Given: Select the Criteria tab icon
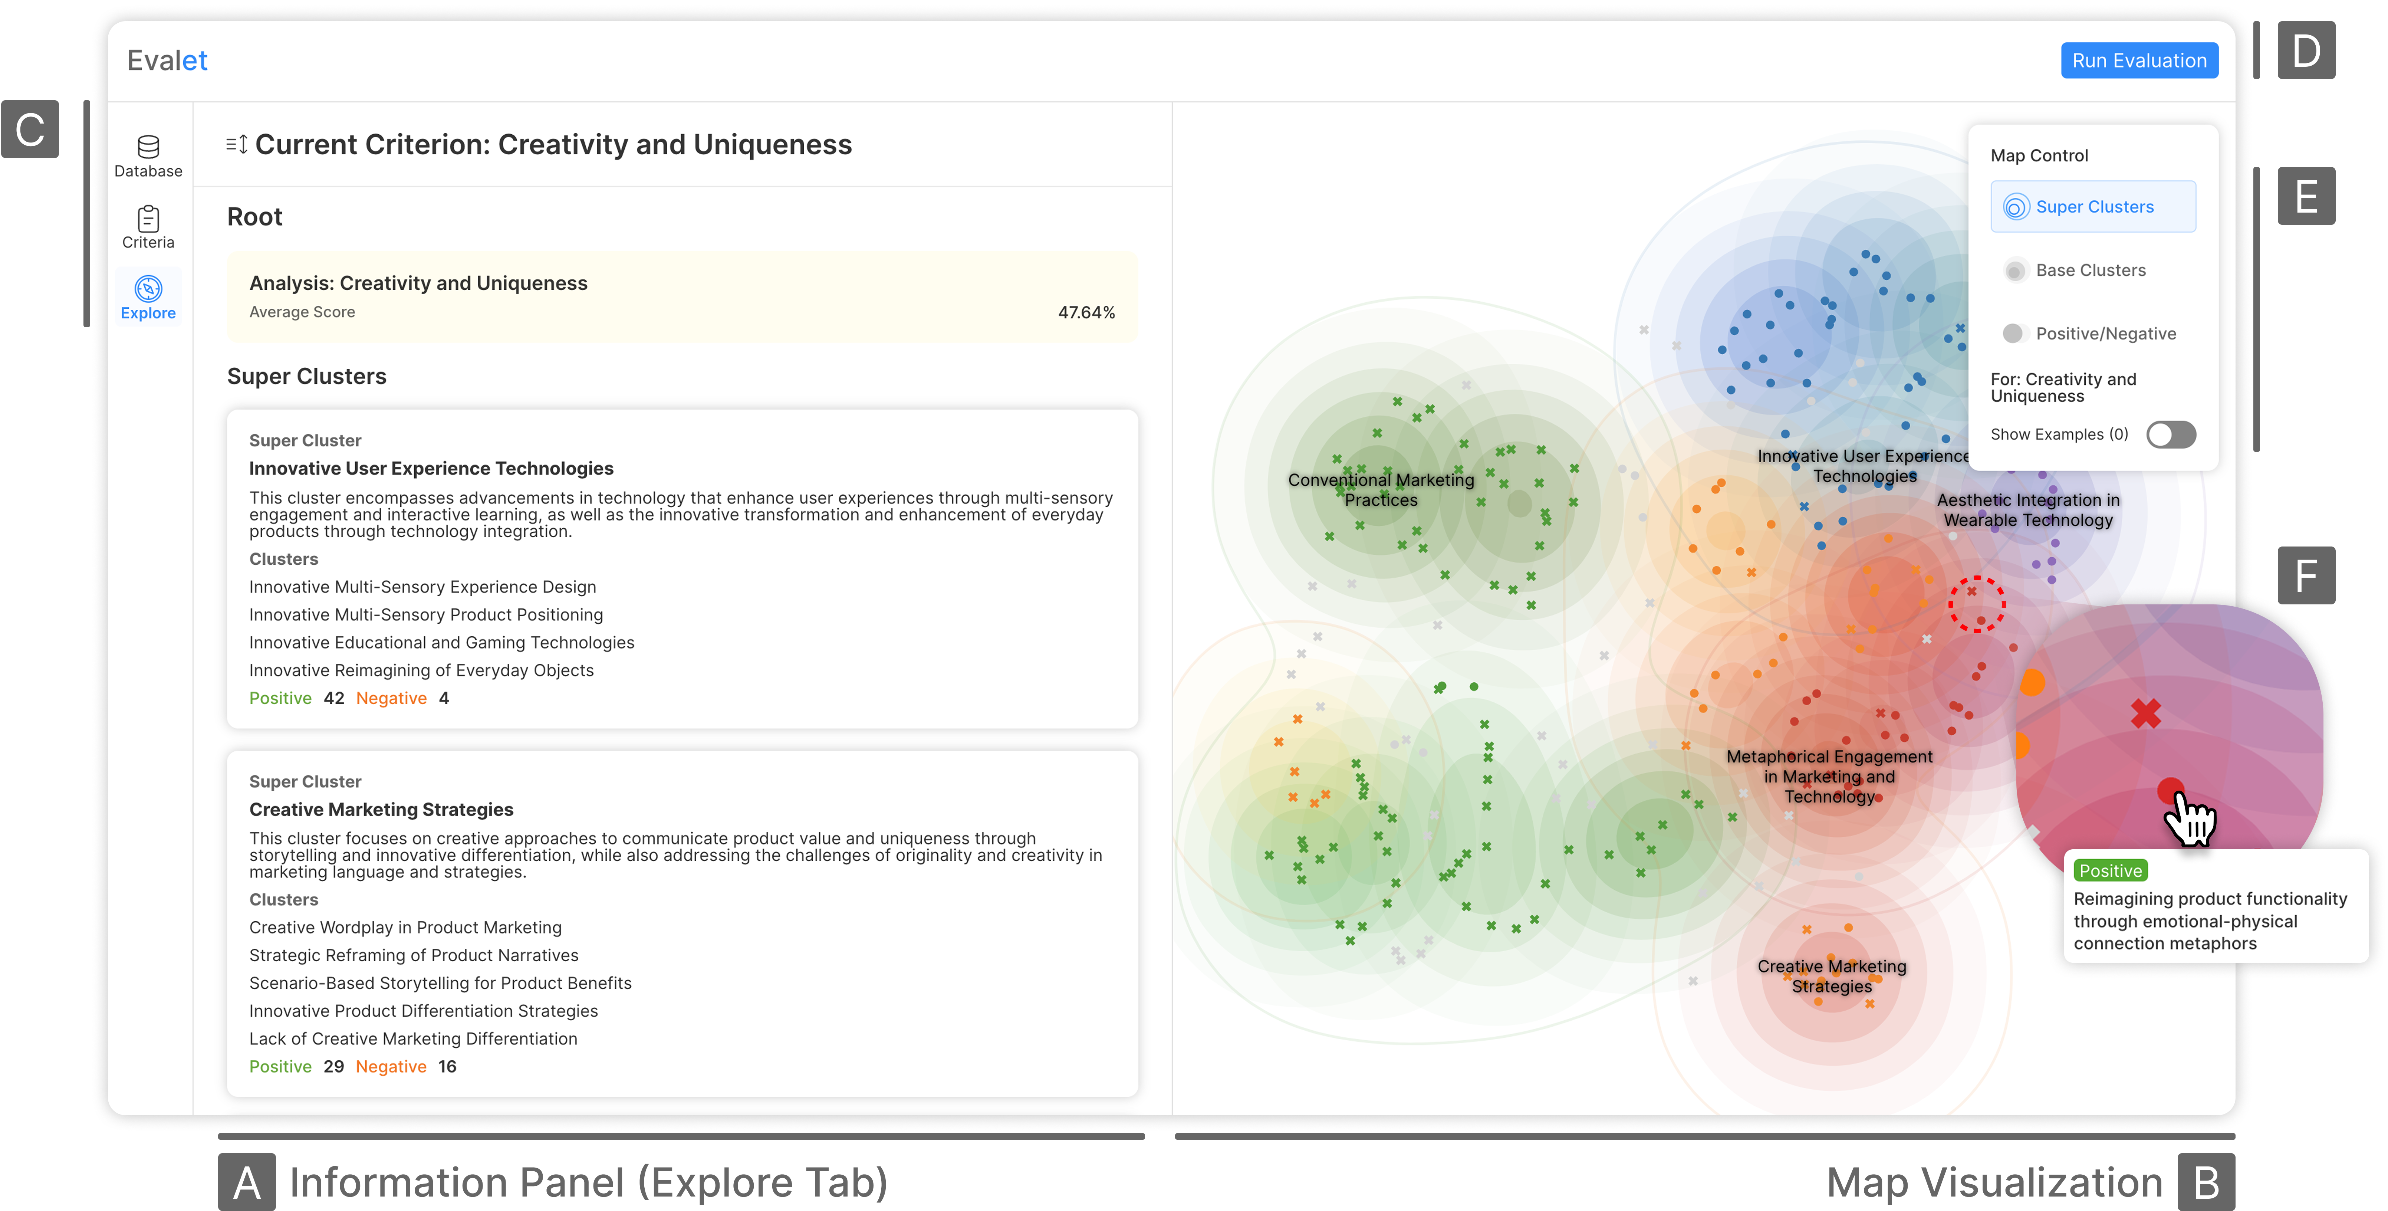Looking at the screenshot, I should pos(148,227).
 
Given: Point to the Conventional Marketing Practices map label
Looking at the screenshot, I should pos(1380,490).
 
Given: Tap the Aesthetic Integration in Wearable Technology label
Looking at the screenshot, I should pos(2027,510).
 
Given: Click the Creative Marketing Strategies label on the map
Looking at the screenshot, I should pos(1831,975).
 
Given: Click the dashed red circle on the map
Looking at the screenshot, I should pos(1976,605).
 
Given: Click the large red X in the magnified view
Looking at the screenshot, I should pos(2145,713).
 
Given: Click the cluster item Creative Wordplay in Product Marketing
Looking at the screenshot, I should pos(405,927).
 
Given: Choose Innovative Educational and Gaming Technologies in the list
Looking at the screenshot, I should pos(441,643).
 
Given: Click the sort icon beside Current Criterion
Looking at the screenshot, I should pos(236,145).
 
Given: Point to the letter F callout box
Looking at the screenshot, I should pos(2306,576).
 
